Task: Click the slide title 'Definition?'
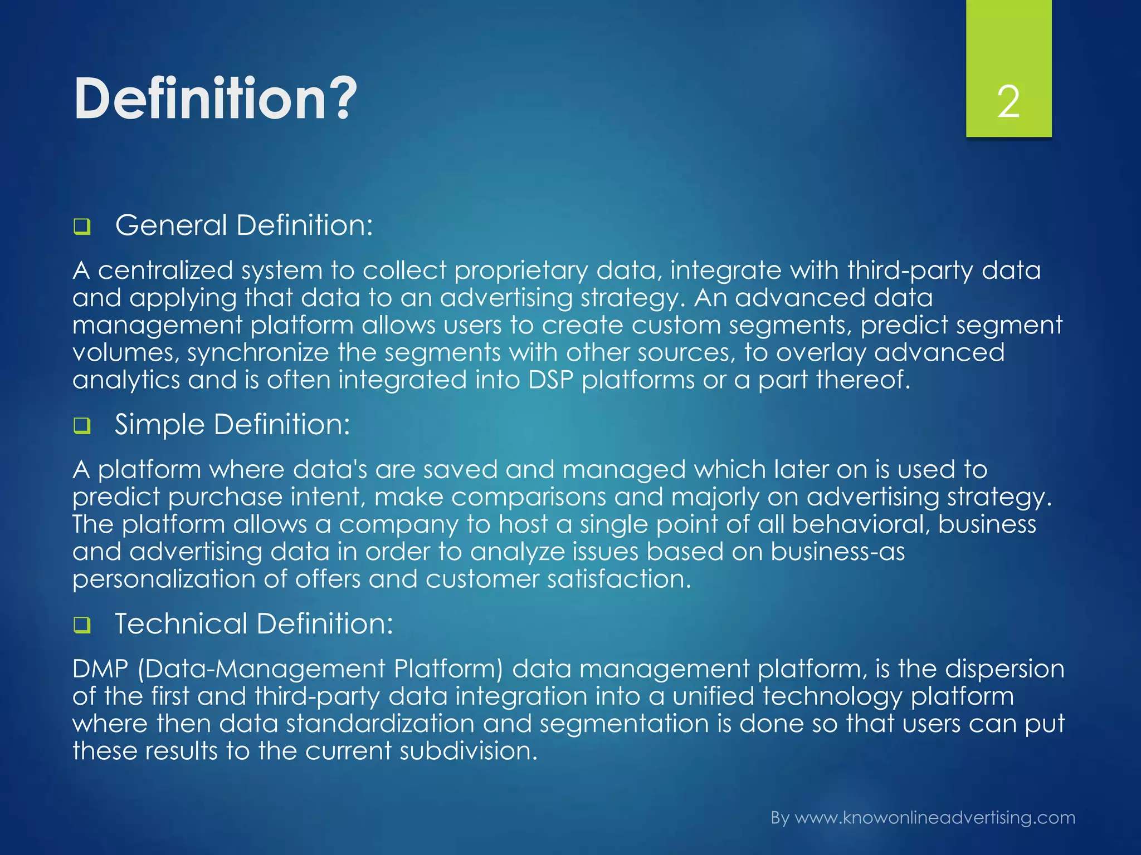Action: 214,99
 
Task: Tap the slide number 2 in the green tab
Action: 1008,102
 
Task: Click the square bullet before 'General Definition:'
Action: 82,227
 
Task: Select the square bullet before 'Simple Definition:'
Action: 82,426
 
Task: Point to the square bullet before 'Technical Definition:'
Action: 82,626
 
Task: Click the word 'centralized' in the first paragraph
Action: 165,271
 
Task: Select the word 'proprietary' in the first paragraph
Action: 521,271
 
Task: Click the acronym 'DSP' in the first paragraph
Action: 550,380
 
